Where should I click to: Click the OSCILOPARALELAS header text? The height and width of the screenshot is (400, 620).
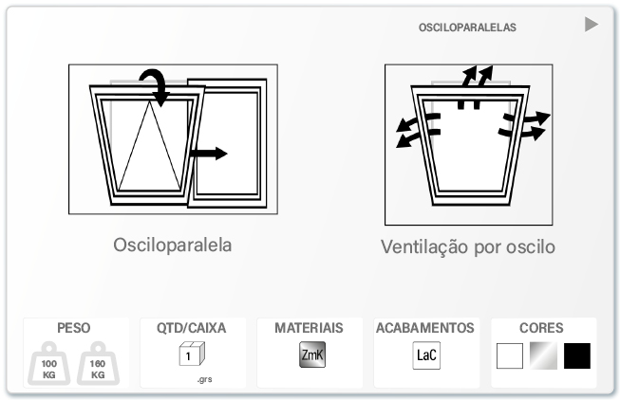coord(467,27)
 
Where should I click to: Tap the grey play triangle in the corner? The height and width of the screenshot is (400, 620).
coord(592,25)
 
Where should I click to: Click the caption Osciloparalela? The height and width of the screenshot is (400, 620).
coord(173,245)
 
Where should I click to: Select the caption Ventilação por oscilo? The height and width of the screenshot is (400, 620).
coord(468,246)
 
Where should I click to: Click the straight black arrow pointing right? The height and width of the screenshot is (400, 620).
coord(208,154)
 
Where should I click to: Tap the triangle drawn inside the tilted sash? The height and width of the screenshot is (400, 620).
coord(149,146)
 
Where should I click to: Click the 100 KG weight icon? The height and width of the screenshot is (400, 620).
coord(48,364)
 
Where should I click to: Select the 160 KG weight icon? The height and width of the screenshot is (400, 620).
coord(98,364)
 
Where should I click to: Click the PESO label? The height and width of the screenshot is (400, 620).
coord(73,328)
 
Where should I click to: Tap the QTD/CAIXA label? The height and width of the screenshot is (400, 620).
coord(192,328)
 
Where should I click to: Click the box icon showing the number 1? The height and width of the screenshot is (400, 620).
coord(192,354)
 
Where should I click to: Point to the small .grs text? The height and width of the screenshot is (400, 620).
coord(204,379)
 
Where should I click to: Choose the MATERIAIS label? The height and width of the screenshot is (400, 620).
coord(309,328)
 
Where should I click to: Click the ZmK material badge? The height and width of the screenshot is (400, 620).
coord(312,355)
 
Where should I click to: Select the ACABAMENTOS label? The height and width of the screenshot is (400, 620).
coord(425,328)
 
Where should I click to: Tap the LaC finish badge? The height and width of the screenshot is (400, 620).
coord(426,355)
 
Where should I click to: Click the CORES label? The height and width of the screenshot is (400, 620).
coord(541,328)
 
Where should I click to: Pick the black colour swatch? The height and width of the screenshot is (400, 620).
coord(577,355)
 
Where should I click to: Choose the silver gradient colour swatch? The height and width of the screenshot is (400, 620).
coord(544,355)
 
